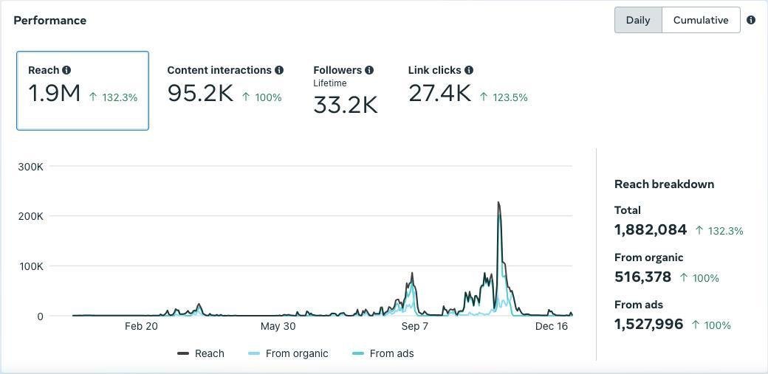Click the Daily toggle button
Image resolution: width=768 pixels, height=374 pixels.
point(638,20)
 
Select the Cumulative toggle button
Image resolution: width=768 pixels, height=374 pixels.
point(701,20)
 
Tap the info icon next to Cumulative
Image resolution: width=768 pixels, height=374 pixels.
point(751,20)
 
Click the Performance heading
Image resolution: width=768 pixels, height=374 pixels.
point(49,20)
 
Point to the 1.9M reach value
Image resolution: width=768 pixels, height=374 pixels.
point(54,94)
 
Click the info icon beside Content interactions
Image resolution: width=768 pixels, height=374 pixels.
point(279,70)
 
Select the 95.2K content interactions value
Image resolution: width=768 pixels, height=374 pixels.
point(200,94)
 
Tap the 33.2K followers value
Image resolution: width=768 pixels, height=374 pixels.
point(345,105)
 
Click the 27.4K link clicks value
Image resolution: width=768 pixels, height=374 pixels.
point(439,94)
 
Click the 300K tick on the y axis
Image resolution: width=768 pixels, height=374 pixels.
point(30,167)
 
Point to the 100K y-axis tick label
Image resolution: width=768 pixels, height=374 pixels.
point(30,266)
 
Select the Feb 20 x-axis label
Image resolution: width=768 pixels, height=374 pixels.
point(141,326)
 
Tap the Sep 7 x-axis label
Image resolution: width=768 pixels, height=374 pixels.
point(414,326)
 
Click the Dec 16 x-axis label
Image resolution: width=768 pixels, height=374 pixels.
point(552,326)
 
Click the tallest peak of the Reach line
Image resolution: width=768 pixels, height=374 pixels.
point(498,202)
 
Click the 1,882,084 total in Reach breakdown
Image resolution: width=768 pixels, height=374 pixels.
point(651,230)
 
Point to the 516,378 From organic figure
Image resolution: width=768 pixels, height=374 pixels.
point(642,277)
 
